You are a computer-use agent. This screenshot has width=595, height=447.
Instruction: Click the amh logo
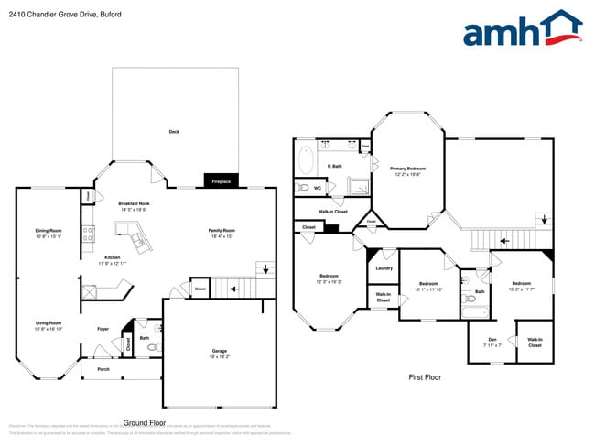[x=522, y=29]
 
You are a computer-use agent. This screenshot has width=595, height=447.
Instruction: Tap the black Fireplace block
[x=221, y=181]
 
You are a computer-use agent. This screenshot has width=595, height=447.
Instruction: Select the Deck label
[x=174, y=132]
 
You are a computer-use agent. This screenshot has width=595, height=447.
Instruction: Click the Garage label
[x=220, y=352]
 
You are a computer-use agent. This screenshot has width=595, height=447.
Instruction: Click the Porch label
[x=103, y=370]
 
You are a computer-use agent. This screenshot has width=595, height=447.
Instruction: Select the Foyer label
[x=103, y=329]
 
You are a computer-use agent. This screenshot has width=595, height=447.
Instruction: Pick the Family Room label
[x=222, y=233]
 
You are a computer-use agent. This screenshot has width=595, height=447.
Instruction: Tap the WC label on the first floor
[x=317, y=188]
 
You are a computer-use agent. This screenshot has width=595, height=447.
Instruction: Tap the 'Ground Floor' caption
[x=145, y=422]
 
